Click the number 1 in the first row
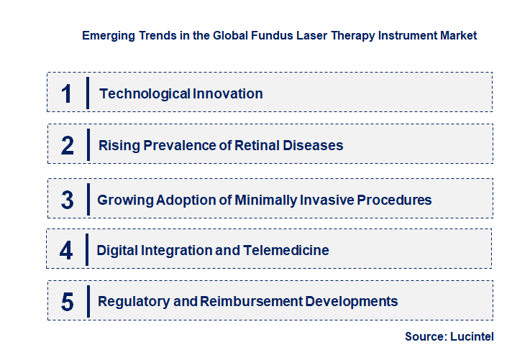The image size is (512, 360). pyautogui.click(x=67, y=94)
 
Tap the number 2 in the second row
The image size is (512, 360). pyautogui.click(x=68, y=146)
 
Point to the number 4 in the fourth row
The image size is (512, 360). pyautogui.click(x=67, y=251)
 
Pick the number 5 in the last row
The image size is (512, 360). pyautogui.click(x=68, y=302)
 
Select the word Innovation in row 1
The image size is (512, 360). pyautogui.click(x=228, y=94)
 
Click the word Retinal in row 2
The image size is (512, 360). pyautogui.click(x=261, y=146)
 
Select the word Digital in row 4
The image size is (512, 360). pyautogui.click(x=117, y=251)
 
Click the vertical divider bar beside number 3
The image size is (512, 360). pyautogui.click(x=88, y=198)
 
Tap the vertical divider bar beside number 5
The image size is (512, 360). pyautogui.click(x=88, y=300)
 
